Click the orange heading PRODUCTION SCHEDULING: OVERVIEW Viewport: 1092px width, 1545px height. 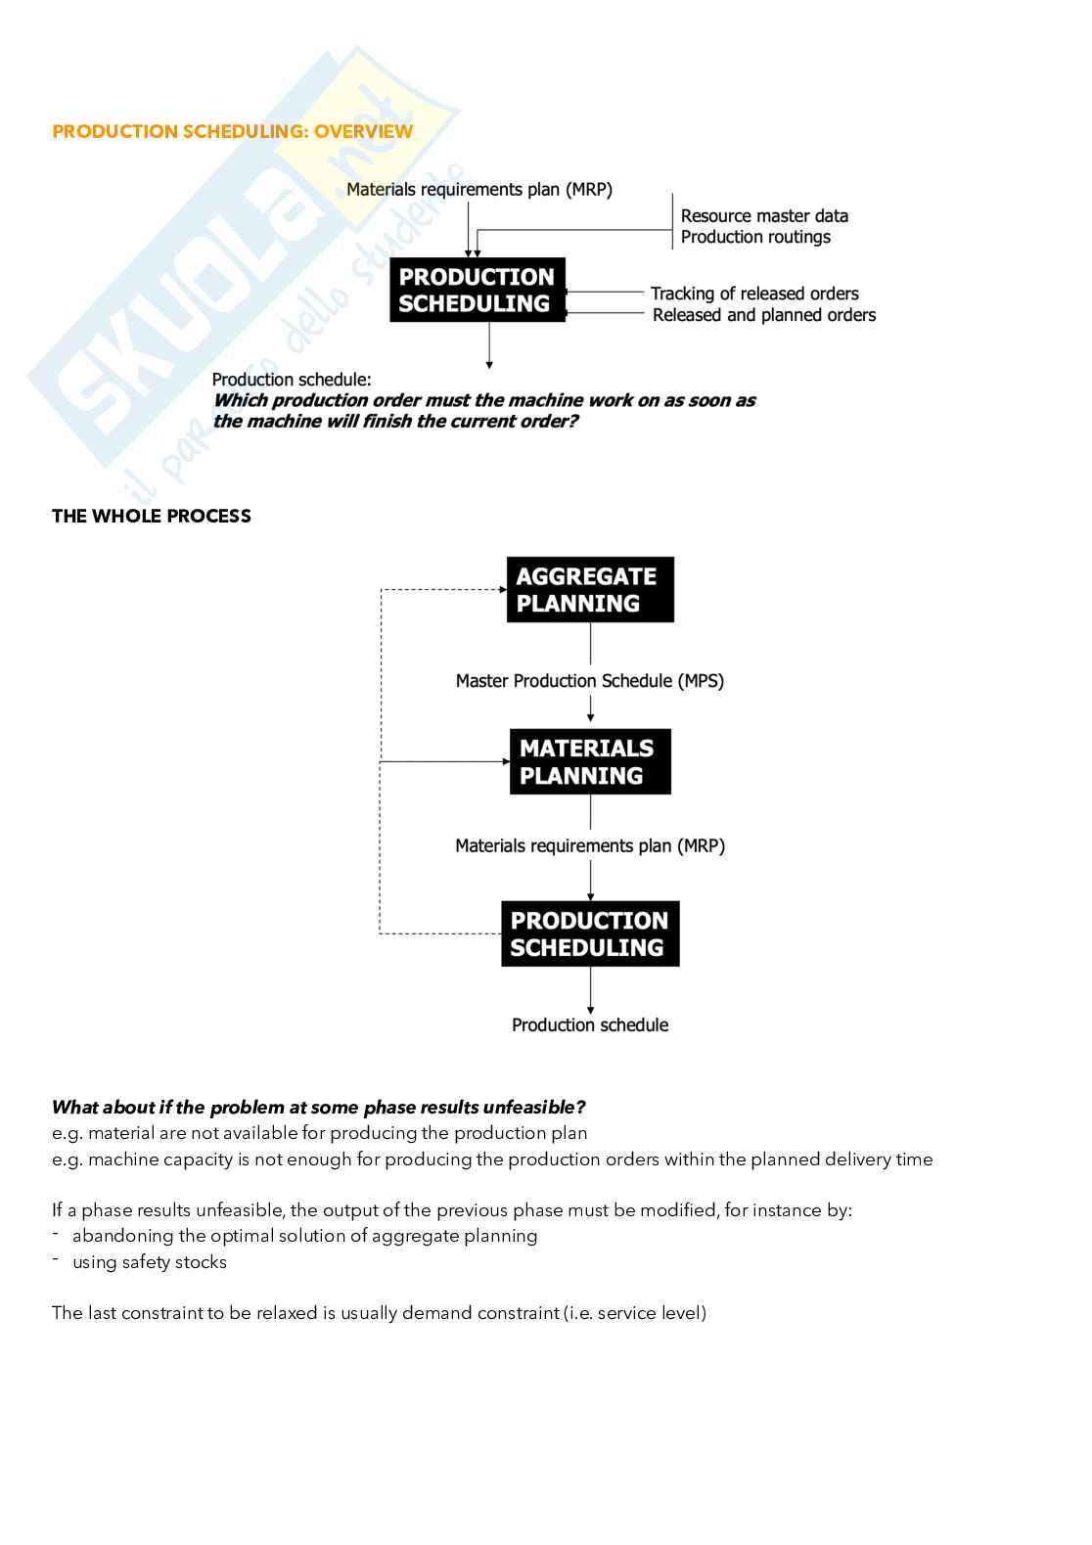[232, 131]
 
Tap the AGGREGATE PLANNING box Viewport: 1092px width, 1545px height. [590, 590]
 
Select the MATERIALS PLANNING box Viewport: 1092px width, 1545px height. [590, 761]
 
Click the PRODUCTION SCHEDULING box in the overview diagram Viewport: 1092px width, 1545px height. [478, 290]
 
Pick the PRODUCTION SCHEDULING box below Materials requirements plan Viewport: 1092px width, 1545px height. [590, 933]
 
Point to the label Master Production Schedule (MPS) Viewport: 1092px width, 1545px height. [590, 681]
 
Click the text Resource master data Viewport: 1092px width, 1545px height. [764, 216]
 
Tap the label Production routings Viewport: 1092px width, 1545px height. [755, 237]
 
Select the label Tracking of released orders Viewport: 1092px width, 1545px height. [754, 294]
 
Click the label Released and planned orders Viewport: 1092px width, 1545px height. [764, 315]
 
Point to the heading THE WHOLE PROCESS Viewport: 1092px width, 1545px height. [152, 516]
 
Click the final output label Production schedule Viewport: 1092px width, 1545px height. [590, 1024]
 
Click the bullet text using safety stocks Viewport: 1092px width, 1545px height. [149, 1262]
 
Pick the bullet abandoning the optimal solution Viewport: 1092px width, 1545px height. [304, 1236]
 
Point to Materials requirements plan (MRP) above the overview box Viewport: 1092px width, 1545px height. [479, 190]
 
